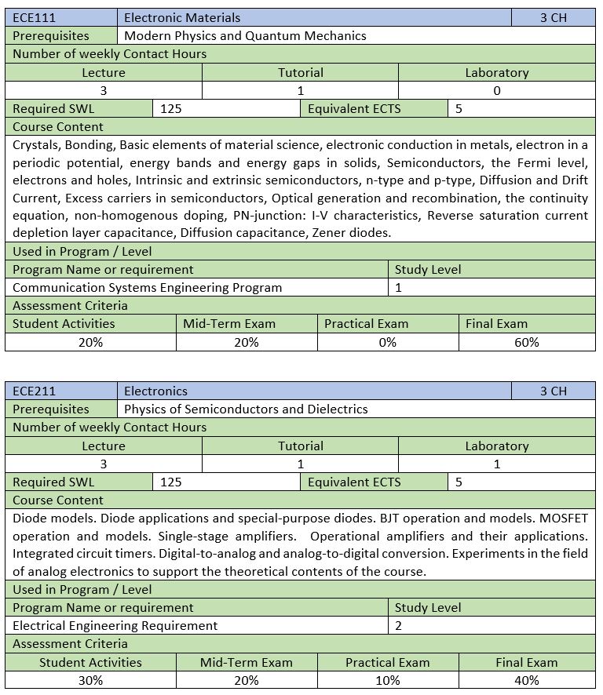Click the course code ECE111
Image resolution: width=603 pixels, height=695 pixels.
pos(35,17)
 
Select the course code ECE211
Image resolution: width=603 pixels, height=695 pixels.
pos(35,391)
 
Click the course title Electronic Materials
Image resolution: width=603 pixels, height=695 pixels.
pos(182,17)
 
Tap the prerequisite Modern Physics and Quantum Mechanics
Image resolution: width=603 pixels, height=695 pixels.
pos(245,35)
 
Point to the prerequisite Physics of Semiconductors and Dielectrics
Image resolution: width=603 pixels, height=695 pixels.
pos(246,409)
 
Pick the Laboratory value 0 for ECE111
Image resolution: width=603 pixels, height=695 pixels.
pos(496,90)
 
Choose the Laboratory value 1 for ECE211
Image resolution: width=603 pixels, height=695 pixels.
pos(496,464)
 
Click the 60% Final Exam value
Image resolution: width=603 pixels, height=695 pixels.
pos(527,342)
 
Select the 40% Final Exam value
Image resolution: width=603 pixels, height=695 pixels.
pos(527,680)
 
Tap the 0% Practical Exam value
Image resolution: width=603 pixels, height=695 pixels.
pos(388,342)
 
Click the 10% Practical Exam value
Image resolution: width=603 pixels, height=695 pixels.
pos(388,680)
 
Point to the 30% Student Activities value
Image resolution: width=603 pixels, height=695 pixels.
pos(90,680)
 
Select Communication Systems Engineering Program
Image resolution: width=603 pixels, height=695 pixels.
pos(148,287)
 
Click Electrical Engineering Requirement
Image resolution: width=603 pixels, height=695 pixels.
pos(115,625)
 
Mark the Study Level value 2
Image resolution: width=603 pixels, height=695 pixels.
pos(399,625)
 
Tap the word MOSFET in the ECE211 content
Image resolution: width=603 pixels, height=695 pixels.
pos(564,519)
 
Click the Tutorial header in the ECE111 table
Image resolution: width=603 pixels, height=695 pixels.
pos(300,72)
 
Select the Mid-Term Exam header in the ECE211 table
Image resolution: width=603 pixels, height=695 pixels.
pos(246,662)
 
